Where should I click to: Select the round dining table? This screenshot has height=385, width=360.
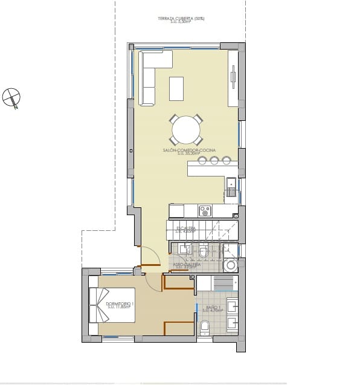pyautogui.click(x=186, y=129)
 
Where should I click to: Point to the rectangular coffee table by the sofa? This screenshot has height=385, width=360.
pyautogui.click(x=176, y=88)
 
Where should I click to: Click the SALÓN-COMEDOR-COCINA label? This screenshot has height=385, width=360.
pyautogui.click(x=189, y=151)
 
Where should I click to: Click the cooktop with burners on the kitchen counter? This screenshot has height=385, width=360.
pyautogui.click(x=205, y=210)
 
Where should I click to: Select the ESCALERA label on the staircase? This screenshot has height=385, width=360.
pyautogui.click(x=186, y=229)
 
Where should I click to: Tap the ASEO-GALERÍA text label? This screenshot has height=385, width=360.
pyautogui.click(x=187, y=265)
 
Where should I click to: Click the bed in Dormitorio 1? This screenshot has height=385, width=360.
pyautogui.click(x=112, y=305)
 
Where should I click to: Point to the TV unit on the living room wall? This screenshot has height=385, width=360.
pyautogui.click(x=233, y=77)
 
